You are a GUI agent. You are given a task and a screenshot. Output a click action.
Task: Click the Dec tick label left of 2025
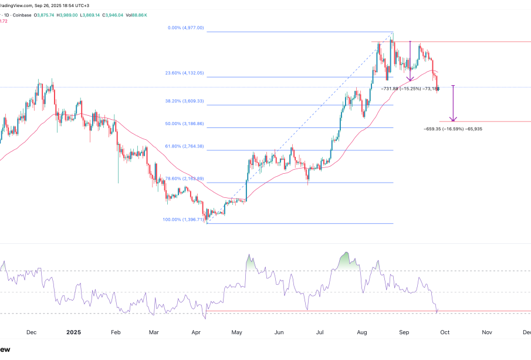(32, 332)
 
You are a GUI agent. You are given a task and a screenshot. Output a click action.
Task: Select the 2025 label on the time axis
(73, 332)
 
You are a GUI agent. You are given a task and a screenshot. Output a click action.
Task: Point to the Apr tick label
(195, 332)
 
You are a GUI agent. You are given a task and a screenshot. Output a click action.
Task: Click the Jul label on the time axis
(320, 332)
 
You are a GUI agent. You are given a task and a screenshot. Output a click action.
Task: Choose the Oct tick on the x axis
(445, 332)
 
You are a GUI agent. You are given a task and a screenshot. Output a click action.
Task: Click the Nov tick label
(486, 332)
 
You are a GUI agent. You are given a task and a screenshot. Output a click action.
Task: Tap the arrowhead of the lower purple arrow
(453, 120)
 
